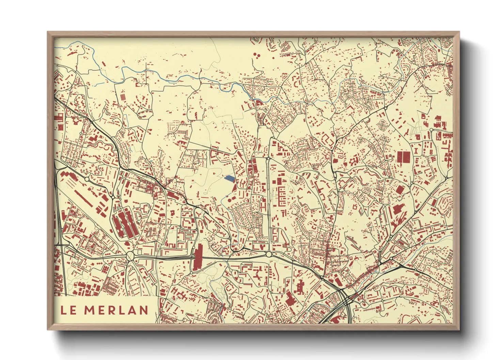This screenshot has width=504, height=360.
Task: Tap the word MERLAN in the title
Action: pyautogui.click(x=116, y=310)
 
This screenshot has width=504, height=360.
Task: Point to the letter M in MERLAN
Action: pyautogui.click(x=90, y=310)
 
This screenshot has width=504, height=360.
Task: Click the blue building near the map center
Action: pyautogui.click(x=230, y=179)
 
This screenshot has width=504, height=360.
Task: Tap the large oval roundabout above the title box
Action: pyautogui.click(x=130, y=256)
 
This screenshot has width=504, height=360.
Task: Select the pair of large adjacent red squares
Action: pyautogui.click(x=404, y=157)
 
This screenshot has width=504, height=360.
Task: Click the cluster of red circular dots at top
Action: pyautogui.click(x=256, y=54)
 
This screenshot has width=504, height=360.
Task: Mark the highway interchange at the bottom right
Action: pyautogui.click(x=346, y=299)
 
